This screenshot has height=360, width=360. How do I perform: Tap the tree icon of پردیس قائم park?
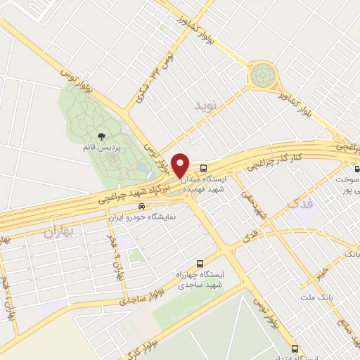[x=103, y=137]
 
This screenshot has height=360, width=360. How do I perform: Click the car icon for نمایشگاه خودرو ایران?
[x=143, y=207]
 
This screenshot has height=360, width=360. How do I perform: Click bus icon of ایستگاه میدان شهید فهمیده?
[x=203, y=169]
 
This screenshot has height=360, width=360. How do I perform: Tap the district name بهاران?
[x=58, y=231]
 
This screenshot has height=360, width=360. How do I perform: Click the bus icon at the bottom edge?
[x=294, y=349]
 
